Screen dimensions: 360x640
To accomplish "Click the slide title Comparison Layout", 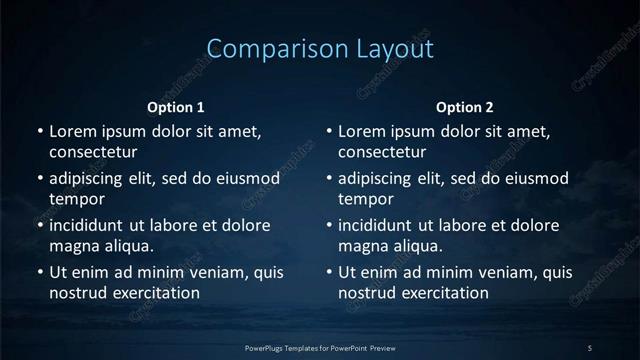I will point(320,49).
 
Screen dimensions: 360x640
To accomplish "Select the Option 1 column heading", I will point(176,107).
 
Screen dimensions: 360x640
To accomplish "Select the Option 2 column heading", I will point(465,107).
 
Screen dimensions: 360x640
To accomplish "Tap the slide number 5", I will point(590,347).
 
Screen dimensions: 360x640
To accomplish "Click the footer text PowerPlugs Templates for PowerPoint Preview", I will point(319,347).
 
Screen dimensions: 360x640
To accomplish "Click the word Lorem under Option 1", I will point(73,131).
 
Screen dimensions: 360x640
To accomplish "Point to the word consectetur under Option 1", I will point(93,153).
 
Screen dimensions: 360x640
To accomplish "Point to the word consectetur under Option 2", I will point(382,153).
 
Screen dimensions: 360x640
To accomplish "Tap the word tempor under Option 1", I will point(72,200).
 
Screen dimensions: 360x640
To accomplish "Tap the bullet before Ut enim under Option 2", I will point(329,272).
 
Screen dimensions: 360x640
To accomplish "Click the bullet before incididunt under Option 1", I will point(40,225).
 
